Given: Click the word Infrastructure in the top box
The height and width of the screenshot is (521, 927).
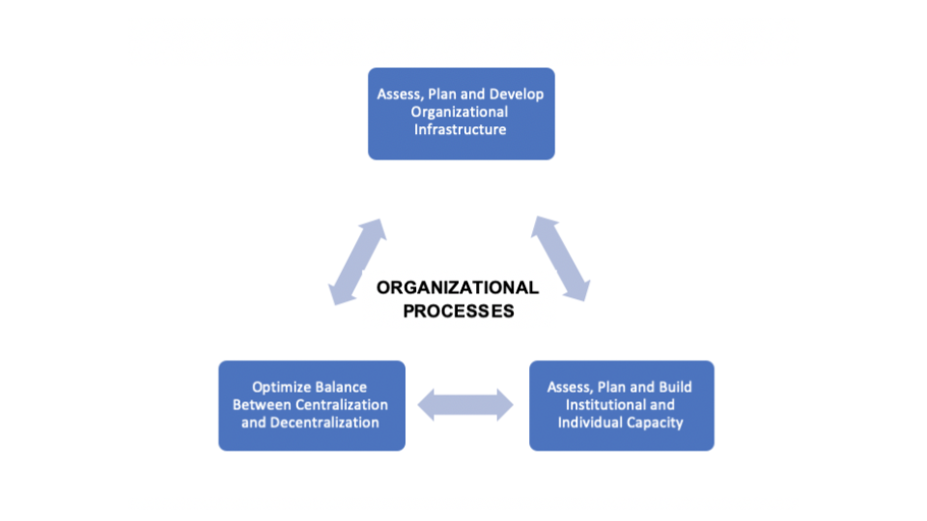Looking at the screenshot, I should coord(461,130).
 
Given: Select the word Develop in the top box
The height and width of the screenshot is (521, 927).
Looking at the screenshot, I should coord(517,95).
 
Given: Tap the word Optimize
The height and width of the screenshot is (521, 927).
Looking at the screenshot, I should coord(282,388).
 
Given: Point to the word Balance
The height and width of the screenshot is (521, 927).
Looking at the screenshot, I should coord(341,388).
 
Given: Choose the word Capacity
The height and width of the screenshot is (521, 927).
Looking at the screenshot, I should coord(655,423).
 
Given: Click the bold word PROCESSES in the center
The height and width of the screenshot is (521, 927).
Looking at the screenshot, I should coord(458,311).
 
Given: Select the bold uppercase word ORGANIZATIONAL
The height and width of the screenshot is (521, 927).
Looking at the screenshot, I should coord(458,288).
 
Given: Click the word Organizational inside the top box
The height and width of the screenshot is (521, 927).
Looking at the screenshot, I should coord(461,112).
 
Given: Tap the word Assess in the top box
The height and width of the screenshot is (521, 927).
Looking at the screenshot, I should coord(398,95).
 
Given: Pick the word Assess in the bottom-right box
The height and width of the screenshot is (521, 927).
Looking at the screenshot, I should coord(569,387).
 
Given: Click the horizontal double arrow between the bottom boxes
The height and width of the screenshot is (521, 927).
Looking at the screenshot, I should coord(466,404).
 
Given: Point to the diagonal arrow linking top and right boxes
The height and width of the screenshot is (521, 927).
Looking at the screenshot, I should coord(561,260).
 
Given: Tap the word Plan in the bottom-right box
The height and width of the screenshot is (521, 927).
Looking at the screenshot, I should coord(611,387).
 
